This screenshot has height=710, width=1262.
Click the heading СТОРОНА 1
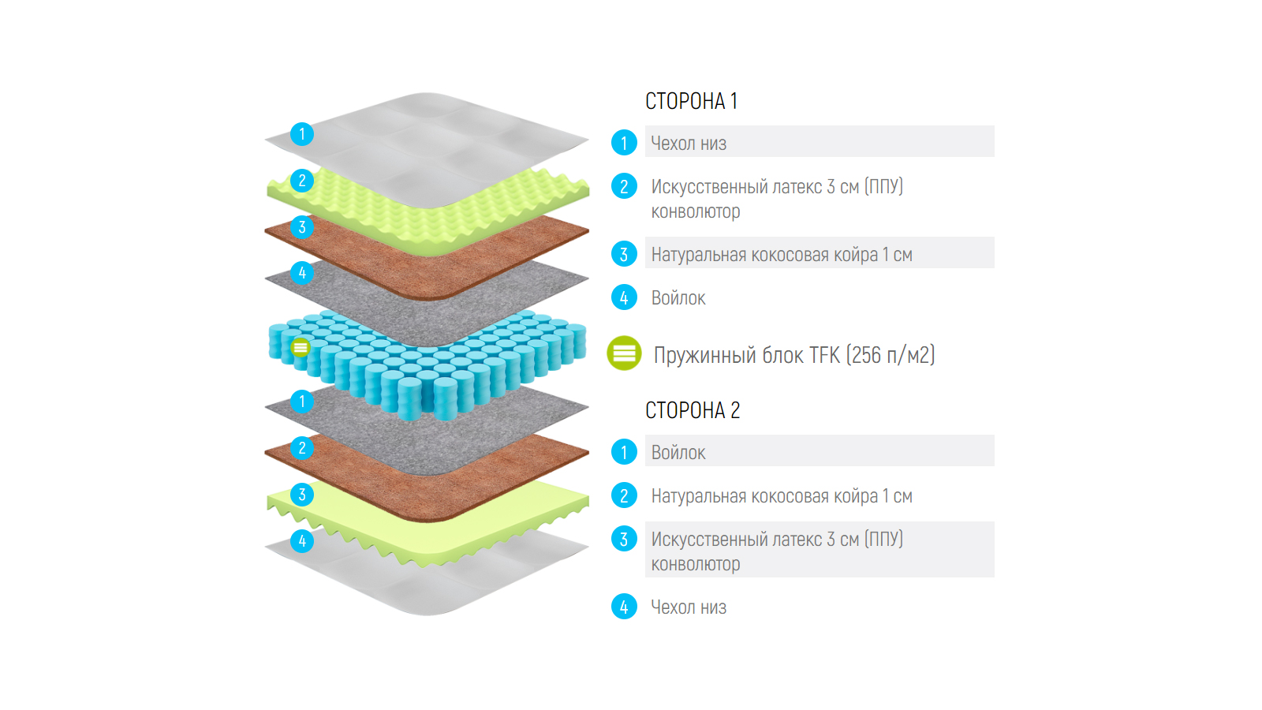pyautogui.click(x=691, y=101)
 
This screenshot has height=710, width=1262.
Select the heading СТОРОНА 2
pyautogui.click(x=692, y=410)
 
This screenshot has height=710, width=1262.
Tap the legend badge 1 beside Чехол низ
pyautogui.click(x=624, y=143)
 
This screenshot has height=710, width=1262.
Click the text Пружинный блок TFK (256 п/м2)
pyautogui.click(x=793, y=355)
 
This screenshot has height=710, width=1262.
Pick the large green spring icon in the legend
pyautogui.click(x=624, y=353)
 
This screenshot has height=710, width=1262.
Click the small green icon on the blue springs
pyautogui.click(x=301, y=347)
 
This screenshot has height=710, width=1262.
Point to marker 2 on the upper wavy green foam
pyautogui.click(x=302, y=181)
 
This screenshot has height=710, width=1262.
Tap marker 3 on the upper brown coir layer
pyautogui.click(x=302, y=227)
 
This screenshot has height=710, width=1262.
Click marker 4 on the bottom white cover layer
pyautogui.click(x=302, y=541)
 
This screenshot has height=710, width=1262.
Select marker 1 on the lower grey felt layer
pyautogui.click(x=302, y=402)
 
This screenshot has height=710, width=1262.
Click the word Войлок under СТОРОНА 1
pyautogui.click(x=678, y=298)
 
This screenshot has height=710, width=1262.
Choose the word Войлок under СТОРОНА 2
pyautogui.click(x=678, y=453)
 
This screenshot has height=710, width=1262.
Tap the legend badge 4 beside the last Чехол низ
pyautogui.click(x=624, y=607)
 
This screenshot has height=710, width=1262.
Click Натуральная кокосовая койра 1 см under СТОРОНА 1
pyautogui.click(x=781, y=255)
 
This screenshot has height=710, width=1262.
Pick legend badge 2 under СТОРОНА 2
pyautogui.click(x=624, y=495)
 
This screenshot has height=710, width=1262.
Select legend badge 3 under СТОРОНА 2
pyautogui.click(x=624, y=539)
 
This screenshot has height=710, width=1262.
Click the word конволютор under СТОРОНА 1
pyautogui.click(x=695, y=211)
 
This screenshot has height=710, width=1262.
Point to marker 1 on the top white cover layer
pyautogui.click(x=302, y=134)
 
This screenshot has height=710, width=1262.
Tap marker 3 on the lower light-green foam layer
pyautogui.click(x=302, y=495)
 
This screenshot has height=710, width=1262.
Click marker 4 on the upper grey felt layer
pyautogui.click(x=302, y=273)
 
